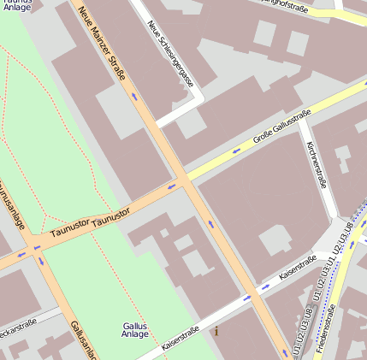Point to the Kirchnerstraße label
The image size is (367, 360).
(316, 164)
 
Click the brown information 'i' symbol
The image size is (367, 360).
(216, 330)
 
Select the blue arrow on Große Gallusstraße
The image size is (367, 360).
(236, 150)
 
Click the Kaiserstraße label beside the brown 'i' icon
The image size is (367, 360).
(180, 339)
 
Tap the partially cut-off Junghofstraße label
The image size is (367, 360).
(286, 7)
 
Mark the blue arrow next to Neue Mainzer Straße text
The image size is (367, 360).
(133, 97)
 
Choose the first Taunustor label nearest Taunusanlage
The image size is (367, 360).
(70, 228)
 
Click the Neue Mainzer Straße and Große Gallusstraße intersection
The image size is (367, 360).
(182, 180)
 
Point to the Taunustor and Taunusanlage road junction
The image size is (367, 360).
(36, 248)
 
